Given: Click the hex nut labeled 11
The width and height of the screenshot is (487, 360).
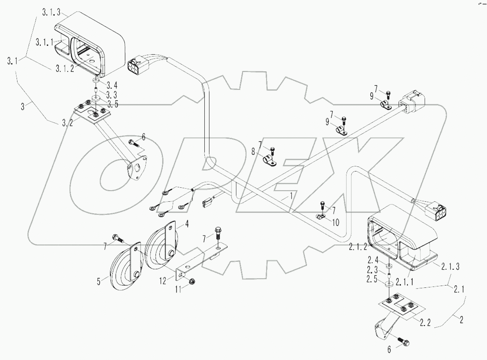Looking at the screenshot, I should tap(191, 281).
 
